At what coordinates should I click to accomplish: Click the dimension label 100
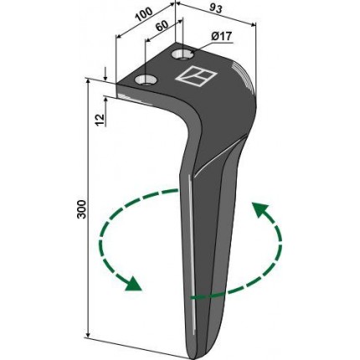(x=144, y=14)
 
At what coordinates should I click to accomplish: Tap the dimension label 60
(x=162, y=26)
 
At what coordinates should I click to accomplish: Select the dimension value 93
(x=215, y=9)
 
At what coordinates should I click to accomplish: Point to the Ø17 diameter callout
(x=222, y=37)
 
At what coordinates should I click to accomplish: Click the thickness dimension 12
(x=100, y=120)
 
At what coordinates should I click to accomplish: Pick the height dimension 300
(x=82, y=209)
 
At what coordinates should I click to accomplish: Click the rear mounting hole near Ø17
(x=183, y=54)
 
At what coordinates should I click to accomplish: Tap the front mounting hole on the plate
(x=146, y=80)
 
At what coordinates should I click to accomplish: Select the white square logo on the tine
(x=196, y=76)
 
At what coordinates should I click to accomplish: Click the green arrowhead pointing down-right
(x=133, y=284)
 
